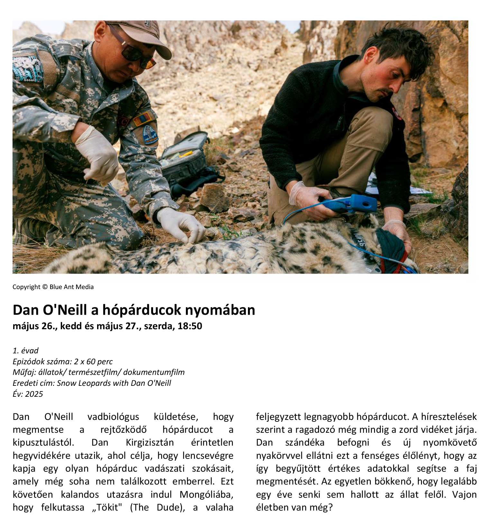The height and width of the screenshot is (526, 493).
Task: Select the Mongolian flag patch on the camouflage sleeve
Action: [143, 118]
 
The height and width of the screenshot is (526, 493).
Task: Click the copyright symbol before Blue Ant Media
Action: [45, 287]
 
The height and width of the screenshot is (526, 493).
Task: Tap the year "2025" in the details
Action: [34, 394]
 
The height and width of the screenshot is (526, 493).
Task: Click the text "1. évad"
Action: [25, 350]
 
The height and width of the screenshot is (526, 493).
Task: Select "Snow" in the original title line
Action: [65, 383]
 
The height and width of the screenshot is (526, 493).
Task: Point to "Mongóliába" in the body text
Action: [206, 494]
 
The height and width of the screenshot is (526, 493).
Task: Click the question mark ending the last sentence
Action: [330, 507]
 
